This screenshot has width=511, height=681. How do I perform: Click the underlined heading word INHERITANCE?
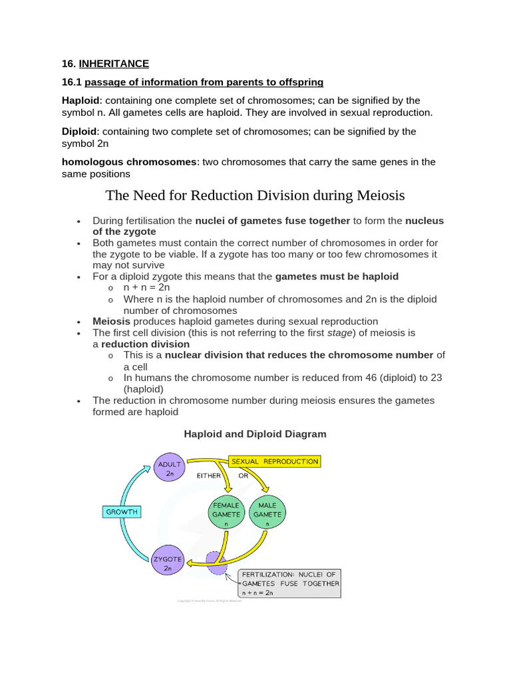[x=114, y=64]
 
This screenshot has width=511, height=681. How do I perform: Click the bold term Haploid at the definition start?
[x=80, y=100]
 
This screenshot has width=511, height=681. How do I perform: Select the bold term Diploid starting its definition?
[x=79, y=132]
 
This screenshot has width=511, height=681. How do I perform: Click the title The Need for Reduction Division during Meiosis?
[x=255, y=196]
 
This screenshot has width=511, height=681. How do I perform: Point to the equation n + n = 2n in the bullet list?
[x=147, y=288]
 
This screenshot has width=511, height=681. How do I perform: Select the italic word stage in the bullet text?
[x=339, y=333]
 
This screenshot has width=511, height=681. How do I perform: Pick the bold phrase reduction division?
[x=145, y=344]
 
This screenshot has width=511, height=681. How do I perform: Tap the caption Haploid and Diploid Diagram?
[x=255, y=434]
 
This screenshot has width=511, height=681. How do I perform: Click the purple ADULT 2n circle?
[x=170, y=468]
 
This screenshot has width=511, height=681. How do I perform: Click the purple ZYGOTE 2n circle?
[x=168, y=563]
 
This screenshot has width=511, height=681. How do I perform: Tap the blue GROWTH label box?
[x=122, y=512]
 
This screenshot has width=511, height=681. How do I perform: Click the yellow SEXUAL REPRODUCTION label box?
[x=274, y=461]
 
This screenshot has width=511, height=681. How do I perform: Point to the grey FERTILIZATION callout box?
[x=289, y=583]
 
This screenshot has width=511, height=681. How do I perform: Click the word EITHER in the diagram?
[x=208, y=476]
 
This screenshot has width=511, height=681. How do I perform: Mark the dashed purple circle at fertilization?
[x=217, y=563]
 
